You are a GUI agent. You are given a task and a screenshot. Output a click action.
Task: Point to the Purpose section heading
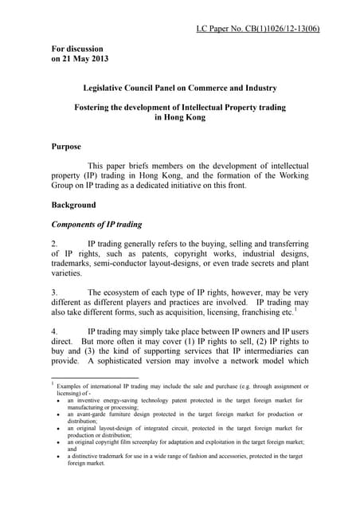click(69, 147)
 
